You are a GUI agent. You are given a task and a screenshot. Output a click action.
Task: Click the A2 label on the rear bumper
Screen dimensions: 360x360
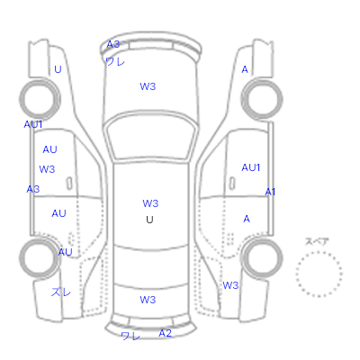coord(165,333)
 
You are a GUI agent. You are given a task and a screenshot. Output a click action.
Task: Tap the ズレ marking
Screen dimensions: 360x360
coord(61,292)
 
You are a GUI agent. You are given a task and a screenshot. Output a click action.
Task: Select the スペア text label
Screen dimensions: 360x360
coord(317,241)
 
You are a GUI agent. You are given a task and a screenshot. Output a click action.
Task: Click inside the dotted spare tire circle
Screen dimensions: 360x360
coord(319,274)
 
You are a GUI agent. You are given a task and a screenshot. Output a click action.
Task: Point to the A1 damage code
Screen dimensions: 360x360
coord(270,192)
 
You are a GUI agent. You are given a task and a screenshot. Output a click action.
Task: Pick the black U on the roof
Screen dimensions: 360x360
coord(149,220)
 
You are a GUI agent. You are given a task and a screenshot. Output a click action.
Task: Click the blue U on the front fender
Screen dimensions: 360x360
coord(58,69)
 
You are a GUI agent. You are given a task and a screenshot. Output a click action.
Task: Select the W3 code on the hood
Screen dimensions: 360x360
coord(148,86)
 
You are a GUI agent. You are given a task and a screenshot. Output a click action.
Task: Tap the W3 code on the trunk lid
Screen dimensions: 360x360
coord(148,300)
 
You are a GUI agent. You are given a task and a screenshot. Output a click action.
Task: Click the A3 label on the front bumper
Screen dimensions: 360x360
coord(113,44)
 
